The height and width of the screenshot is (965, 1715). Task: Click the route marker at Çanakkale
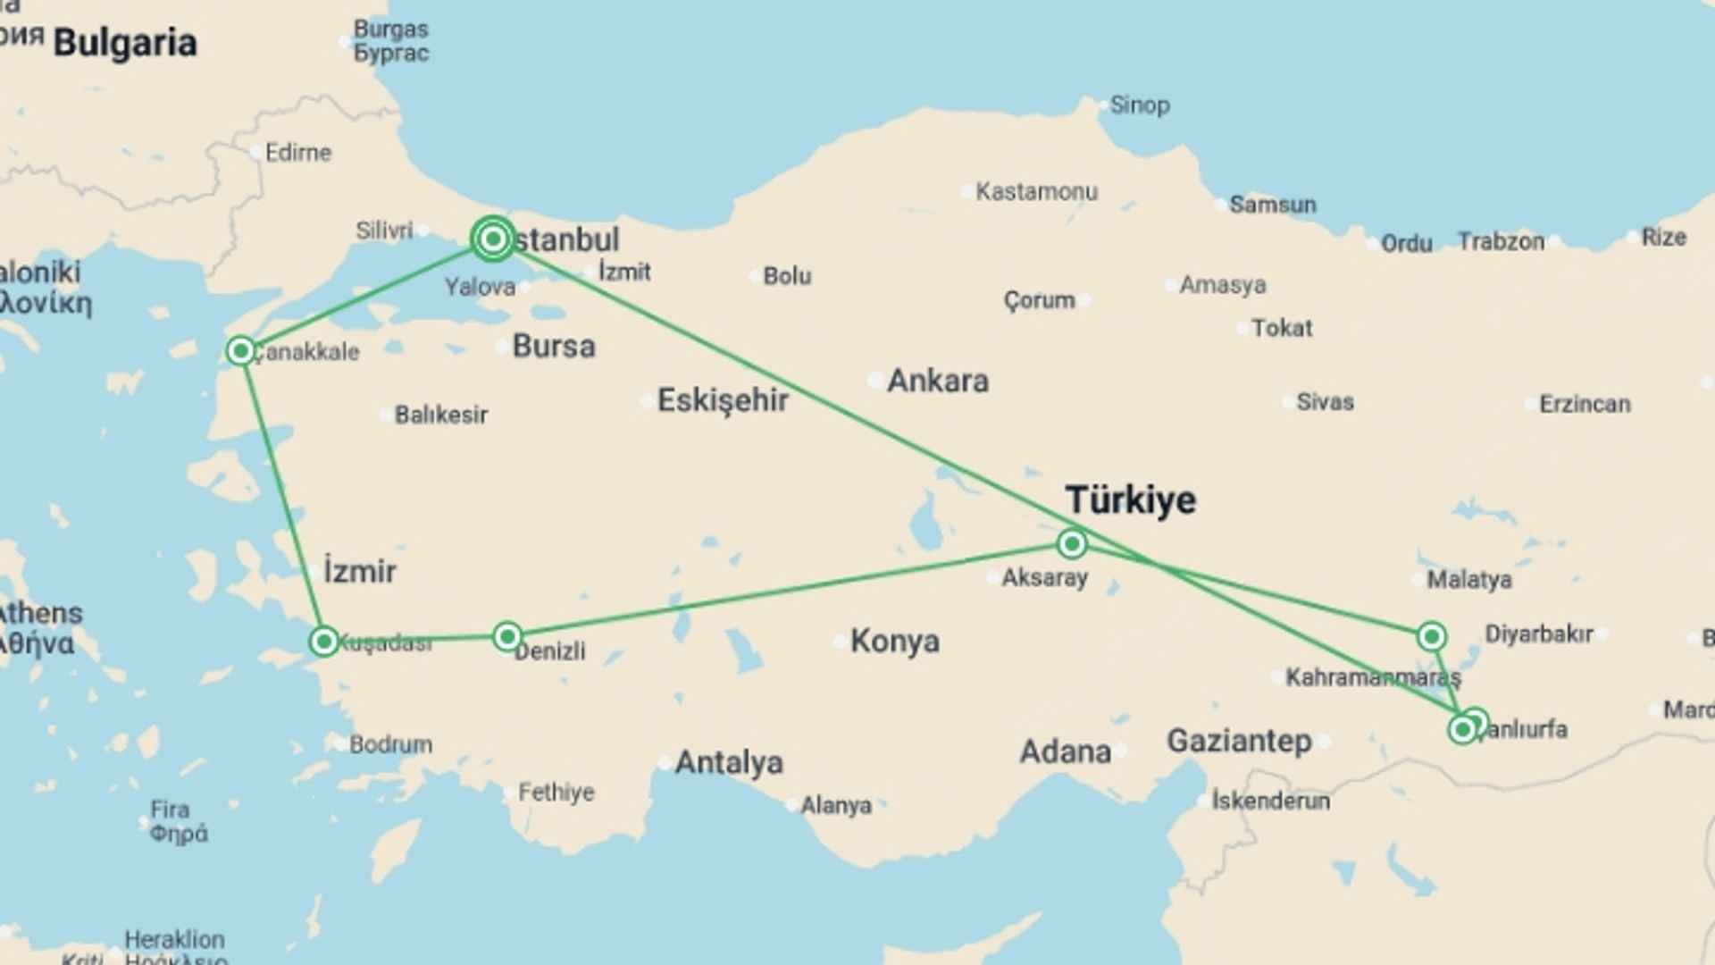(240, 351)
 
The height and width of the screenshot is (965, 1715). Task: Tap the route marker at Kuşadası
(323, 641)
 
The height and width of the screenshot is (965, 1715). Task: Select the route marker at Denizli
(507, 636)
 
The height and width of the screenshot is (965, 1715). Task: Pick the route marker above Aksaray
(1072, 542)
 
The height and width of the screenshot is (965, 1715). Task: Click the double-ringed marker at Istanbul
(492, 239)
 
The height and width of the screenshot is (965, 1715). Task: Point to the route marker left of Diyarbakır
(1431, 636)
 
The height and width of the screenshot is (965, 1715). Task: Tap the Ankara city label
(937, 382)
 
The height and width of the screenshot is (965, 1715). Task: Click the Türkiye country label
(1130, 499)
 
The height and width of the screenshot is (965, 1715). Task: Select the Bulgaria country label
(125, 43)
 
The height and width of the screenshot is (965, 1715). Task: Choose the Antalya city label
(729, 762)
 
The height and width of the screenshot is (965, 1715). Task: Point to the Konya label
(894, 641)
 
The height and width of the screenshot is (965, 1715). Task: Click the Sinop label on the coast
(1139, 105)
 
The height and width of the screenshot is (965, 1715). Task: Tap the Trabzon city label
(1501, 241)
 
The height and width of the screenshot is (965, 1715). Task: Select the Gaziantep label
(1239, 741)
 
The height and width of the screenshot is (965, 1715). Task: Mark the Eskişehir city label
(723, 400)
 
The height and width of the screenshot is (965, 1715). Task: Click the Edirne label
(297, 153)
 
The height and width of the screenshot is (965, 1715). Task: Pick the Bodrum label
(390, 744)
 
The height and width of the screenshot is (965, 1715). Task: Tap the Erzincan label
(1585, 404)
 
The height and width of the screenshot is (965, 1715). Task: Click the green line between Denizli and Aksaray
(786, 590)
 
